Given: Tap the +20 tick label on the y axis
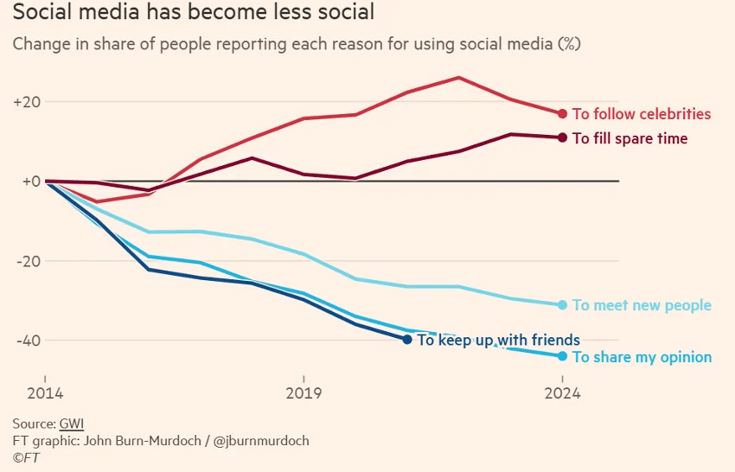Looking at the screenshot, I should click(27, 102).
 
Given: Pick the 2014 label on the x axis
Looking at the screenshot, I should click(44, 393).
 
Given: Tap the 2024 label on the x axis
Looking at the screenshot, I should click(562, 393).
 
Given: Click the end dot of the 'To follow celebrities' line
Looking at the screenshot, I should click(562, 114).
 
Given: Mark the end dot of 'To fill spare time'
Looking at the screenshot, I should click(562, 137).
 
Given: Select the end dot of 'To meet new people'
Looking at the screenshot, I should click(562, 304).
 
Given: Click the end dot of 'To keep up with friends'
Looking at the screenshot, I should click(407, 340).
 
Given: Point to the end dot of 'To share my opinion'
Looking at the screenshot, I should click(562, 356).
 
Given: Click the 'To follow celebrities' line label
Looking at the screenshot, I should click(642, 114).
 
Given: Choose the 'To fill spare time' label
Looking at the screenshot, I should click(630, 138).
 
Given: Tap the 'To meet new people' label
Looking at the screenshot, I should click(642, 305).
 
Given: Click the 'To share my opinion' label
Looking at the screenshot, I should click(642, 357).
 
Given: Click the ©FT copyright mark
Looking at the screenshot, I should click(23, 457).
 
